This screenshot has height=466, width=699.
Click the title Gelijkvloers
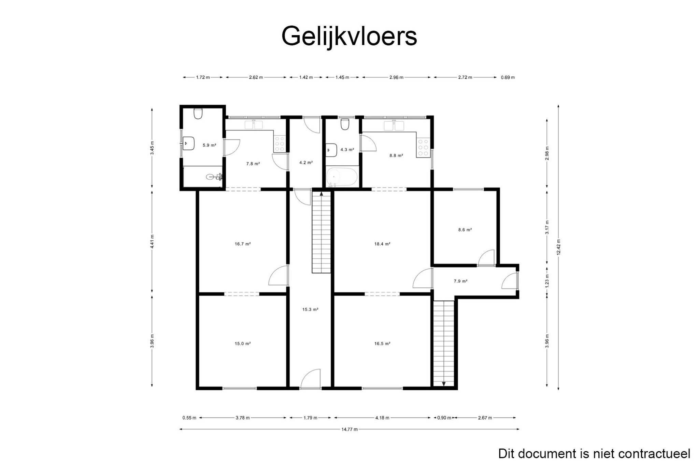coord(349,36)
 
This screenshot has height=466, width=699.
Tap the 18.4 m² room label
coord(382,244)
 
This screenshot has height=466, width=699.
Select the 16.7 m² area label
coord(243,244)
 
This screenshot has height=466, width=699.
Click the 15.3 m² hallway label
coord(310,310)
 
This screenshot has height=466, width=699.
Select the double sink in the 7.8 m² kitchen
coord(253,125)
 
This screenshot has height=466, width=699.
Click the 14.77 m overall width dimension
coord(349,429)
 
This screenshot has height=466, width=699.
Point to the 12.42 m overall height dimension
coord(558,247)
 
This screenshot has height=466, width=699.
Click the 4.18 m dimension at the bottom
coord(382,418)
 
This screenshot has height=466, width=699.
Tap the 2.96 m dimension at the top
coord(396,77)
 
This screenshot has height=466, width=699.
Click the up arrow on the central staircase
coord(321,194)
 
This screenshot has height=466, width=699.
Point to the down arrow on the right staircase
coord(444,384)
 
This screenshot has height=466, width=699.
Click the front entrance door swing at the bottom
coord(311,379)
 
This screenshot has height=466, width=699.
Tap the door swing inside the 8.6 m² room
coord(486,258)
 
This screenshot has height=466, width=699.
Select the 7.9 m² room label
coord(460,281)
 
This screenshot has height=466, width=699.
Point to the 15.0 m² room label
coord(242,344)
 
